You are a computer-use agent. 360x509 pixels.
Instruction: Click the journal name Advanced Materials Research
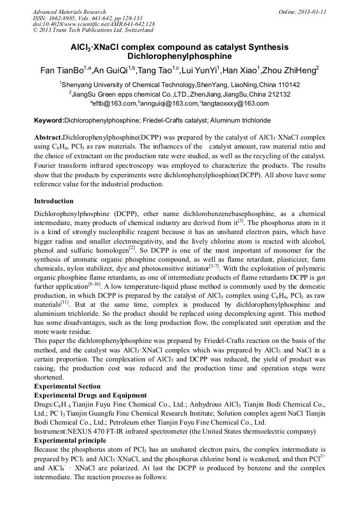coord(69,12)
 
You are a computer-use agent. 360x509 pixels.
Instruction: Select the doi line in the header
coord(93,24)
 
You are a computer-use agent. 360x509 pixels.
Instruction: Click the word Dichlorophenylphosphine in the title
coord(179,56)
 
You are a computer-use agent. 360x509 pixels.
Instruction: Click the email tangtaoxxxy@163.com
coord(235,104)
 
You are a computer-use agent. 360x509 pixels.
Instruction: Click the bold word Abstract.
coord(48,137)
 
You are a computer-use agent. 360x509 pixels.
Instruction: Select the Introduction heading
coord(54,201)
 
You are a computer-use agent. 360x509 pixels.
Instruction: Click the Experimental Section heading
coord(67,386)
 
